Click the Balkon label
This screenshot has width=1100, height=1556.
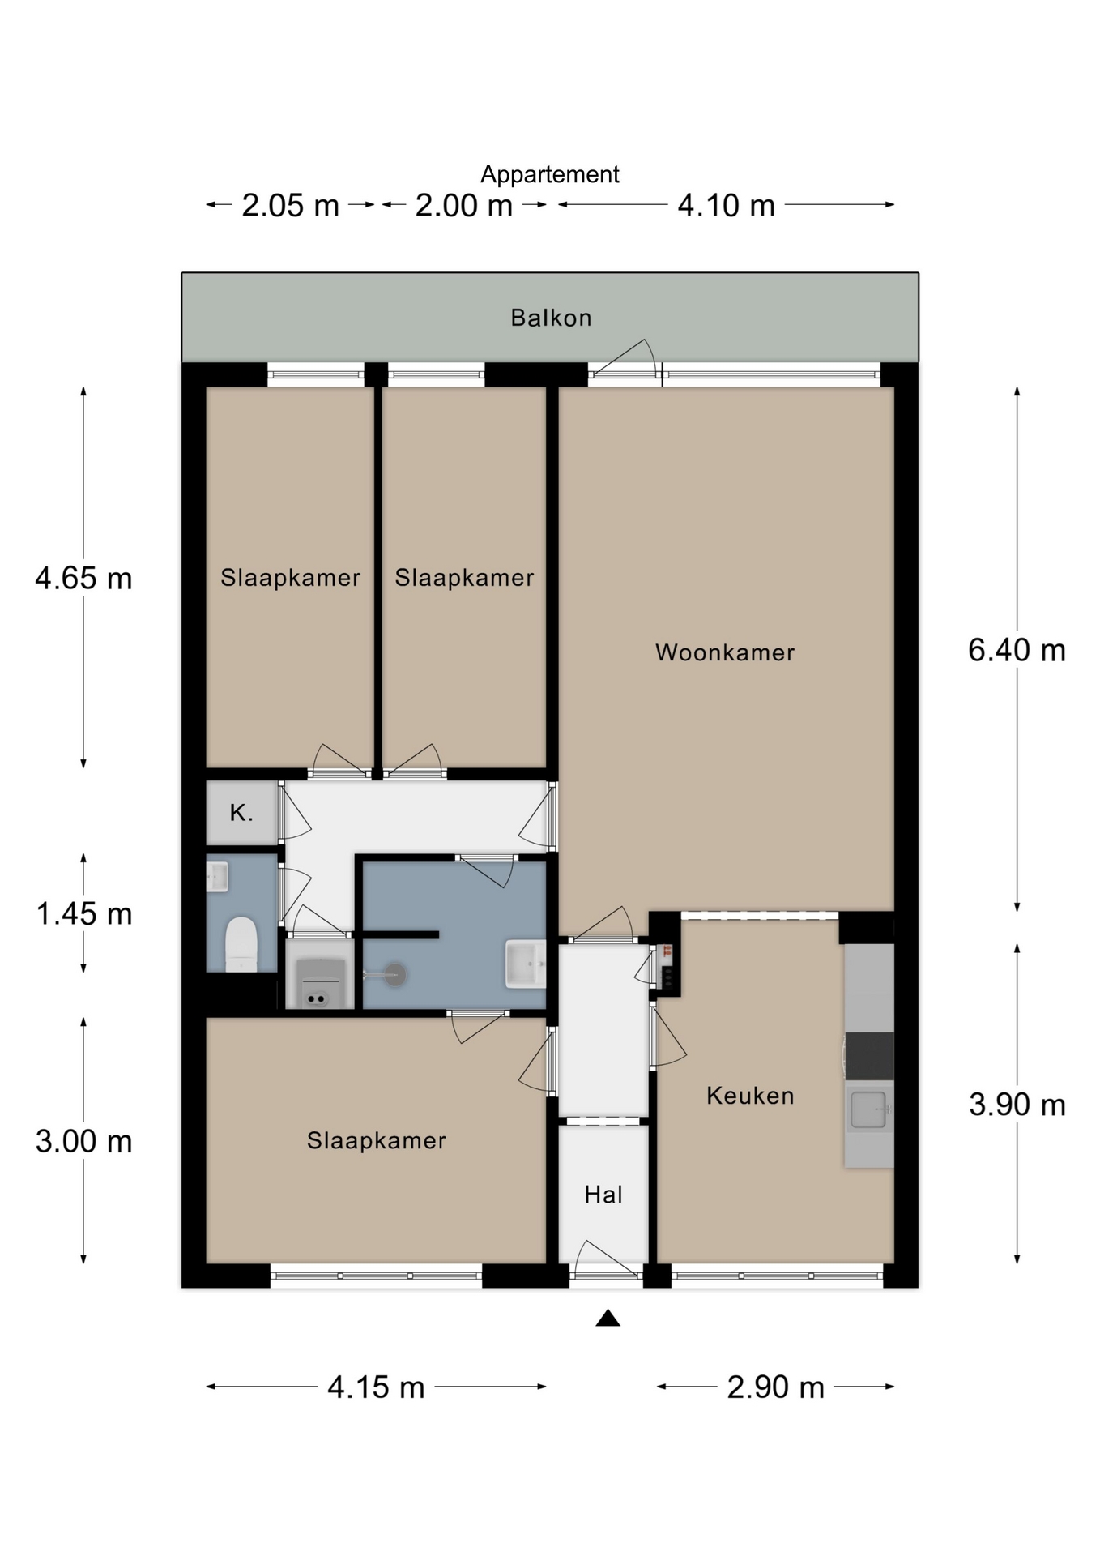551,318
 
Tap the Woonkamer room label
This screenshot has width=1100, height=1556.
725,652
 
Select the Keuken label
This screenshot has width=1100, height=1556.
750,1096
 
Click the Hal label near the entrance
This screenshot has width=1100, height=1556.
603,1195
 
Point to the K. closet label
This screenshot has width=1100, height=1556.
241,813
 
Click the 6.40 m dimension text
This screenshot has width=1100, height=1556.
1017,650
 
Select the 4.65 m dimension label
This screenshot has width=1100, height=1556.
83,578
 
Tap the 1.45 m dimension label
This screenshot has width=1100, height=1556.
83,914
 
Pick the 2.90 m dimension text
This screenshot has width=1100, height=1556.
775,1387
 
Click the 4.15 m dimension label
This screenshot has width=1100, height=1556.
376,1387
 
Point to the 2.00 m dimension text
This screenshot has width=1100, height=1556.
464,206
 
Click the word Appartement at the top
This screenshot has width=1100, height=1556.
550,174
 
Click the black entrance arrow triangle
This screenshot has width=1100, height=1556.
608,1319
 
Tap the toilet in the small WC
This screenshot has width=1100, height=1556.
241,943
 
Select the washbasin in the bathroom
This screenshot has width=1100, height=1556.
526,964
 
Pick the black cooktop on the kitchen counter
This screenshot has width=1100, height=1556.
869,1056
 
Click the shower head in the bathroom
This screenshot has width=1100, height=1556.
394,974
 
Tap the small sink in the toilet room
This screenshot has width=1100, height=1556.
217,877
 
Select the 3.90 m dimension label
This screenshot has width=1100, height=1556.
1017,1105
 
